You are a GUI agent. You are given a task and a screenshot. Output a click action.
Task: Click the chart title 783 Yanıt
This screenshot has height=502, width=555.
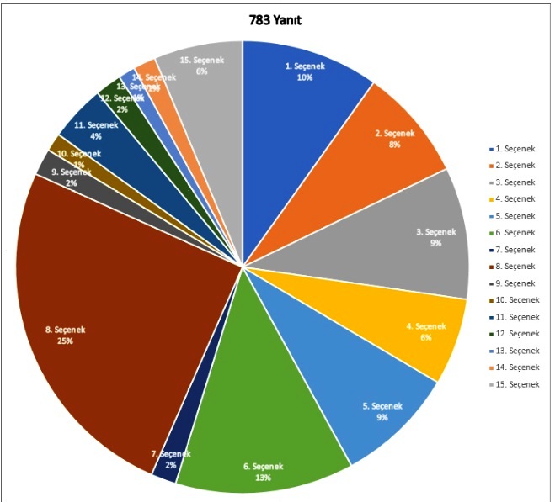pos(276,20)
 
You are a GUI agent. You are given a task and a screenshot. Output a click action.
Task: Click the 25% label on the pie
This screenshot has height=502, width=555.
pos(66,341)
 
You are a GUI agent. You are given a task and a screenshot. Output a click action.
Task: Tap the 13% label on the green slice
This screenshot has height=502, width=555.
pos(262,477)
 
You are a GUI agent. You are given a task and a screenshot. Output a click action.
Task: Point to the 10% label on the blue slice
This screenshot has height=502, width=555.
pos(304,77)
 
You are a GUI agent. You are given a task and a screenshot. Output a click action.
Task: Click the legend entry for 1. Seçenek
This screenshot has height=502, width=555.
pos(513,149)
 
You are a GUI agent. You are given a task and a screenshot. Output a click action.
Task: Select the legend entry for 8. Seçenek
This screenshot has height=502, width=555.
pos(513,267)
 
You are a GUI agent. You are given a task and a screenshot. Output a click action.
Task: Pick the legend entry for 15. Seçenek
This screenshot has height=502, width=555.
pos(515,384)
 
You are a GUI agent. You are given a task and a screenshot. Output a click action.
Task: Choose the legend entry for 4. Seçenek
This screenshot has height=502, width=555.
pos(513,199)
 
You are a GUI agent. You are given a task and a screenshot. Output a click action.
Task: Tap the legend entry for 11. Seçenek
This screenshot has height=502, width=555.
pos(515,317)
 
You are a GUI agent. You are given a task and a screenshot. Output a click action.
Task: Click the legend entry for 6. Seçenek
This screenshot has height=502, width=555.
pos(513,233)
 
